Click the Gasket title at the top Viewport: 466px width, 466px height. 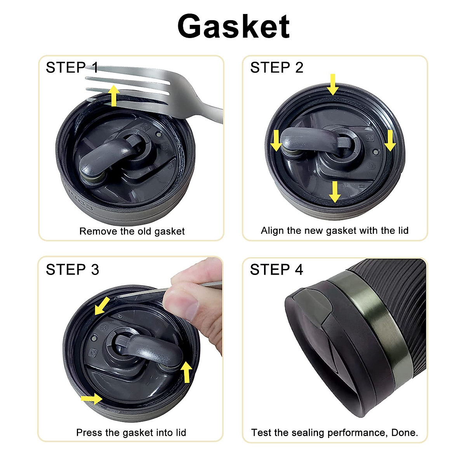point(233,26)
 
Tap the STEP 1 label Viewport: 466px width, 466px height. point(72,68)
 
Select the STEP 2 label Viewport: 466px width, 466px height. point(276,68)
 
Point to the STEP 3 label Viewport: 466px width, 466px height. point(72,270)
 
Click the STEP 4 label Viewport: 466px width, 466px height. point(276,270)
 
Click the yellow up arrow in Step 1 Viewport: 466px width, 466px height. point(114,96)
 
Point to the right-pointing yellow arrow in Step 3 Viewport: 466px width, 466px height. point(91,398)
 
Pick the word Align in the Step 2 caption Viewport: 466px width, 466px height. point(272,231)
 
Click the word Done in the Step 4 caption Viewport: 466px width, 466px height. point(404,433)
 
